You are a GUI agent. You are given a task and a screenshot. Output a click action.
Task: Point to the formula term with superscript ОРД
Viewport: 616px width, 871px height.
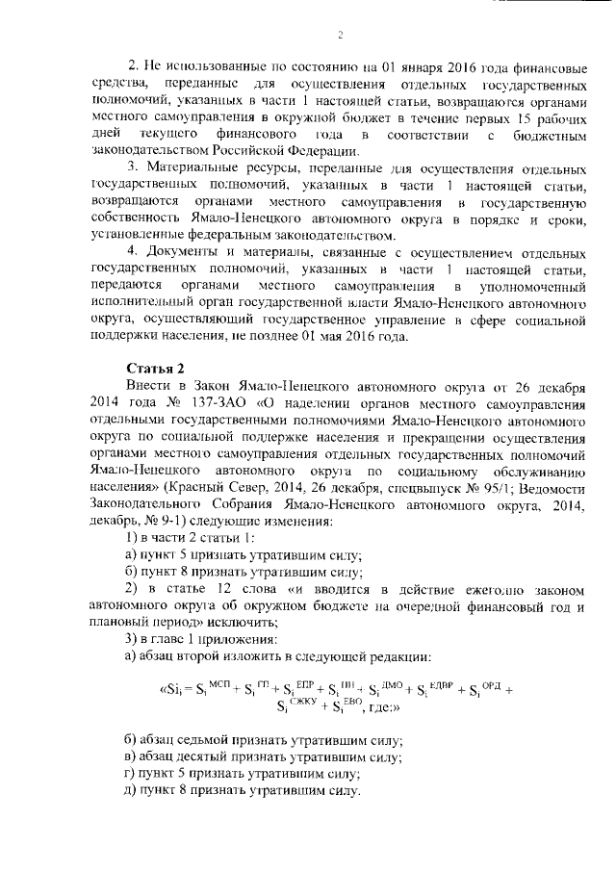coord(480,689)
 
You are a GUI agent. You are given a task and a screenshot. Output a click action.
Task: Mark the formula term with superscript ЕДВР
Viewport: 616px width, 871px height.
coord(428,689)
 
